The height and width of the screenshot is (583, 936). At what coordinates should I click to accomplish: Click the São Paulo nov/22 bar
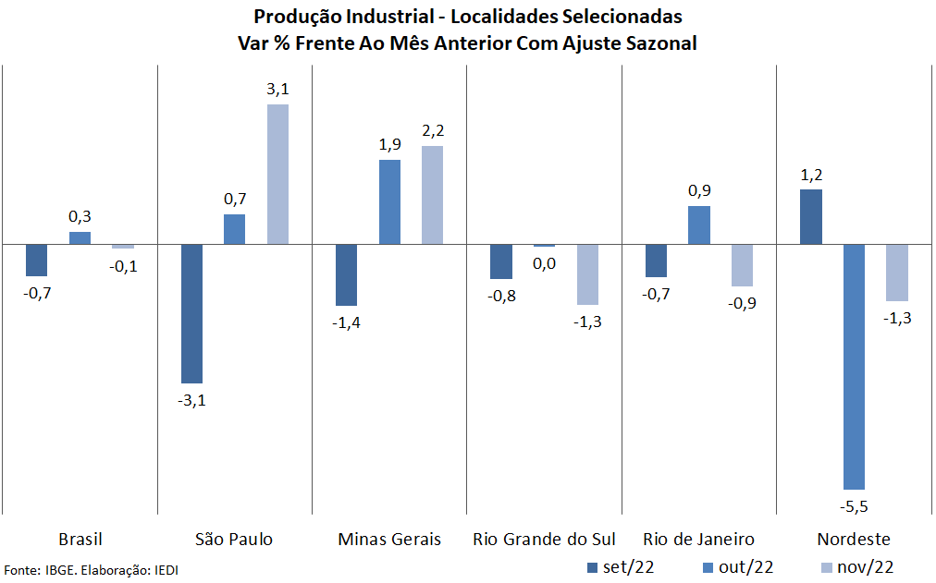278,175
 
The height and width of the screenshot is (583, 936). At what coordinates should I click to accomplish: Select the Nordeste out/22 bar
854,367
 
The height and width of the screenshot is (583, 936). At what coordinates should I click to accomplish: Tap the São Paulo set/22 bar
191,313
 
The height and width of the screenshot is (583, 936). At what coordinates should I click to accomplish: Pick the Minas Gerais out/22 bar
389,202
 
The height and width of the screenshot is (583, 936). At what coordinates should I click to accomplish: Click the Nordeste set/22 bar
811,217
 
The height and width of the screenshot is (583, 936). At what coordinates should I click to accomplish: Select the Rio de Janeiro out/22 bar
699,225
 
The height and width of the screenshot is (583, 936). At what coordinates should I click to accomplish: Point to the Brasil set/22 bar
37,261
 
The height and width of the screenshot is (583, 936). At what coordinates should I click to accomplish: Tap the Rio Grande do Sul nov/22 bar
587,274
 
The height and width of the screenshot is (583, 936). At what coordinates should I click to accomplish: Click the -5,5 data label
854,506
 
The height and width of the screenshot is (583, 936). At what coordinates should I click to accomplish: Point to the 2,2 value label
433,130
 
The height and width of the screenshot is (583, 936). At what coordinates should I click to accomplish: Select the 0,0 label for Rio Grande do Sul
545,264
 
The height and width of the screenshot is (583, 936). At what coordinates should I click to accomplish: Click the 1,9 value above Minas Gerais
389,144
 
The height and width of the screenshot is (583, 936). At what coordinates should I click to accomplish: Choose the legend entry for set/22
622,566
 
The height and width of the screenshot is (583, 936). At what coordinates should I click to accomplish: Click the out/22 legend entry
738,566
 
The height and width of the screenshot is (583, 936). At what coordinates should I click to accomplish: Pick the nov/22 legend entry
856,566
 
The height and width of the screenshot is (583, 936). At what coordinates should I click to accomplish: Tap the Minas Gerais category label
389,539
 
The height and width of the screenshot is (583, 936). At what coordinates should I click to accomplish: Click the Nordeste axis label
854,539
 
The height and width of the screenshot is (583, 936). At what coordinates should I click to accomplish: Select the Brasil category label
80,539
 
